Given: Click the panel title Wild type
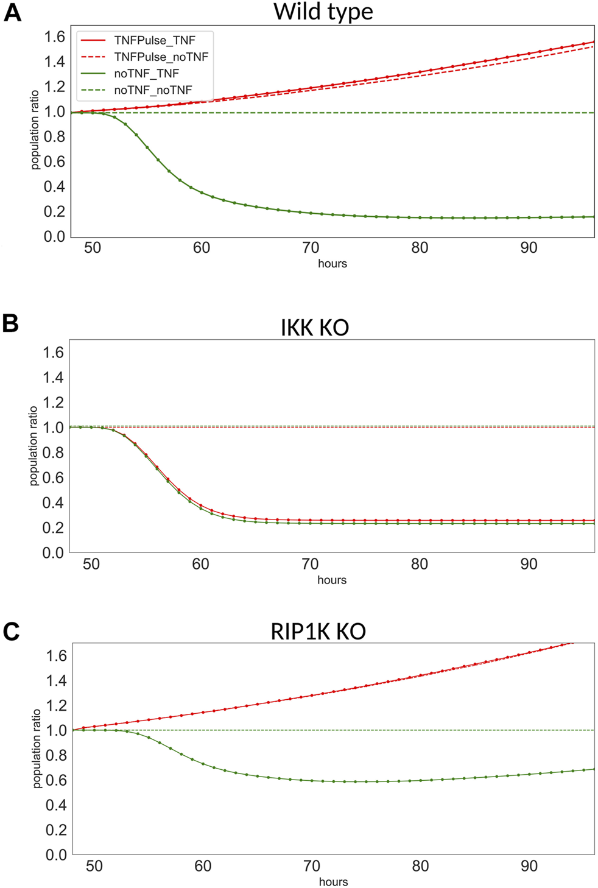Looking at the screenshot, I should [323, 12].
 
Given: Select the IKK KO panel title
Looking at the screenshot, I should [314, 328].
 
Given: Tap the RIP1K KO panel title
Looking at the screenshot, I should [318, 631].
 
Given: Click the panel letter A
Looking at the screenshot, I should [12, 13].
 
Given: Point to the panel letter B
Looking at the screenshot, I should [10, 323].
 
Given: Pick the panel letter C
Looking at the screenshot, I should [11, 632].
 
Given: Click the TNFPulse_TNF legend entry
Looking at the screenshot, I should [155, 41].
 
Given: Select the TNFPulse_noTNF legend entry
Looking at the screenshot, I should [161, 57].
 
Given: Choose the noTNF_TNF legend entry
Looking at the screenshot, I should [146, 74].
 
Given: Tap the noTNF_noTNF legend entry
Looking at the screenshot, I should [153, 90].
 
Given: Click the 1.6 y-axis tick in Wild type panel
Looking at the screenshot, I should [54, 37].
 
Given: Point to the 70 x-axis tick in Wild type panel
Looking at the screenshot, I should [311, 248].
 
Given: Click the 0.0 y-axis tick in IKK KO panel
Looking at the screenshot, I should [53, 552].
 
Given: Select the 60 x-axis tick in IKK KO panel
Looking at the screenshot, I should [200, 564].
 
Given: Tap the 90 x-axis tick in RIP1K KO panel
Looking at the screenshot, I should [529, 866].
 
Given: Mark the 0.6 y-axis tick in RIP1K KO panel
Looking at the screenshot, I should [56, 780].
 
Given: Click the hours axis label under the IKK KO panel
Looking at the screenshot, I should [332, 580].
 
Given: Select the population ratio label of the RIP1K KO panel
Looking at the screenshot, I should [37, 749].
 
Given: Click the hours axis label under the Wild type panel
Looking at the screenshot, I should [332, 264].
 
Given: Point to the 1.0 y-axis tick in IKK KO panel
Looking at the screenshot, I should [53, 428].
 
